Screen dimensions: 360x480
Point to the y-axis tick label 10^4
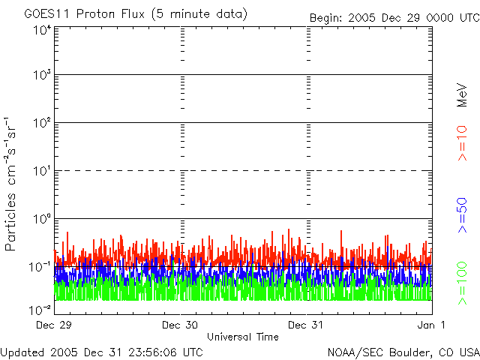42,31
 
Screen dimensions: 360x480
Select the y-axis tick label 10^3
42,75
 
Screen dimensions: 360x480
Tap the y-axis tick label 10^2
42,123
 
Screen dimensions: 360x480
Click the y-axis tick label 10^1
42,171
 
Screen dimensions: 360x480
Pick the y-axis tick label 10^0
42,219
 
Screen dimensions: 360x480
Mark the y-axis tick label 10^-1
41,267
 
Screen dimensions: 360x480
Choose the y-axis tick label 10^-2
41,308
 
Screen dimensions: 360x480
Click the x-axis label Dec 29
54,325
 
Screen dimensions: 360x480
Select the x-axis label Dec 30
180,325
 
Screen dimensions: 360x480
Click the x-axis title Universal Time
243,337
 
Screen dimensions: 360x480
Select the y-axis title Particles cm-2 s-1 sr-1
13,184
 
